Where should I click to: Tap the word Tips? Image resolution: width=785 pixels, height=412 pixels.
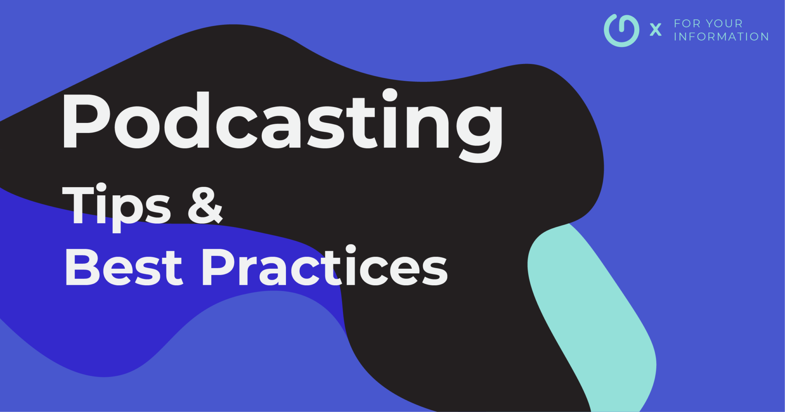click(x=117, y=207)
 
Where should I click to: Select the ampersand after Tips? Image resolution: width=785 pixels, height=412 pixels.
click(x=205, y=205)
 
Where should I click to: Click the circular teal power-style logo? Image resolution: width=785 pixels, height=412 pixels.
click(x=621, y=31)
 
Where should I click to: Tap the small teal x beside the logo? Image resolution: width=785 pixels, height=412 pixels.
click(x=656, y=29)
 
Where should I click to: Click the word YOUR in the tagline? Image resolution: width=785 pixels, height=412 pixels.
click(x=724, y=23)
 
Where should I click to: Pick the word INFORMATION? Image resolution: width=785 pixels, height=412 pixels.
click(x=721, y=37)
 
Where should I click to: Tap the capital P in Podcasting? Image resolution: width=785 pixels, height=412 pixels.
click(x=87, y=120)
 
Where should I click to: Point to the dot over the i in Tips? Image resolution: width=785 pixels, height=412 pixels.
click(x=100, y=188)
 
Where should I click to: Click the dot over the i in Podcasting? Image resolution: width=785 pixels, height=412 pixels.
click(x=389, y=95)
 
